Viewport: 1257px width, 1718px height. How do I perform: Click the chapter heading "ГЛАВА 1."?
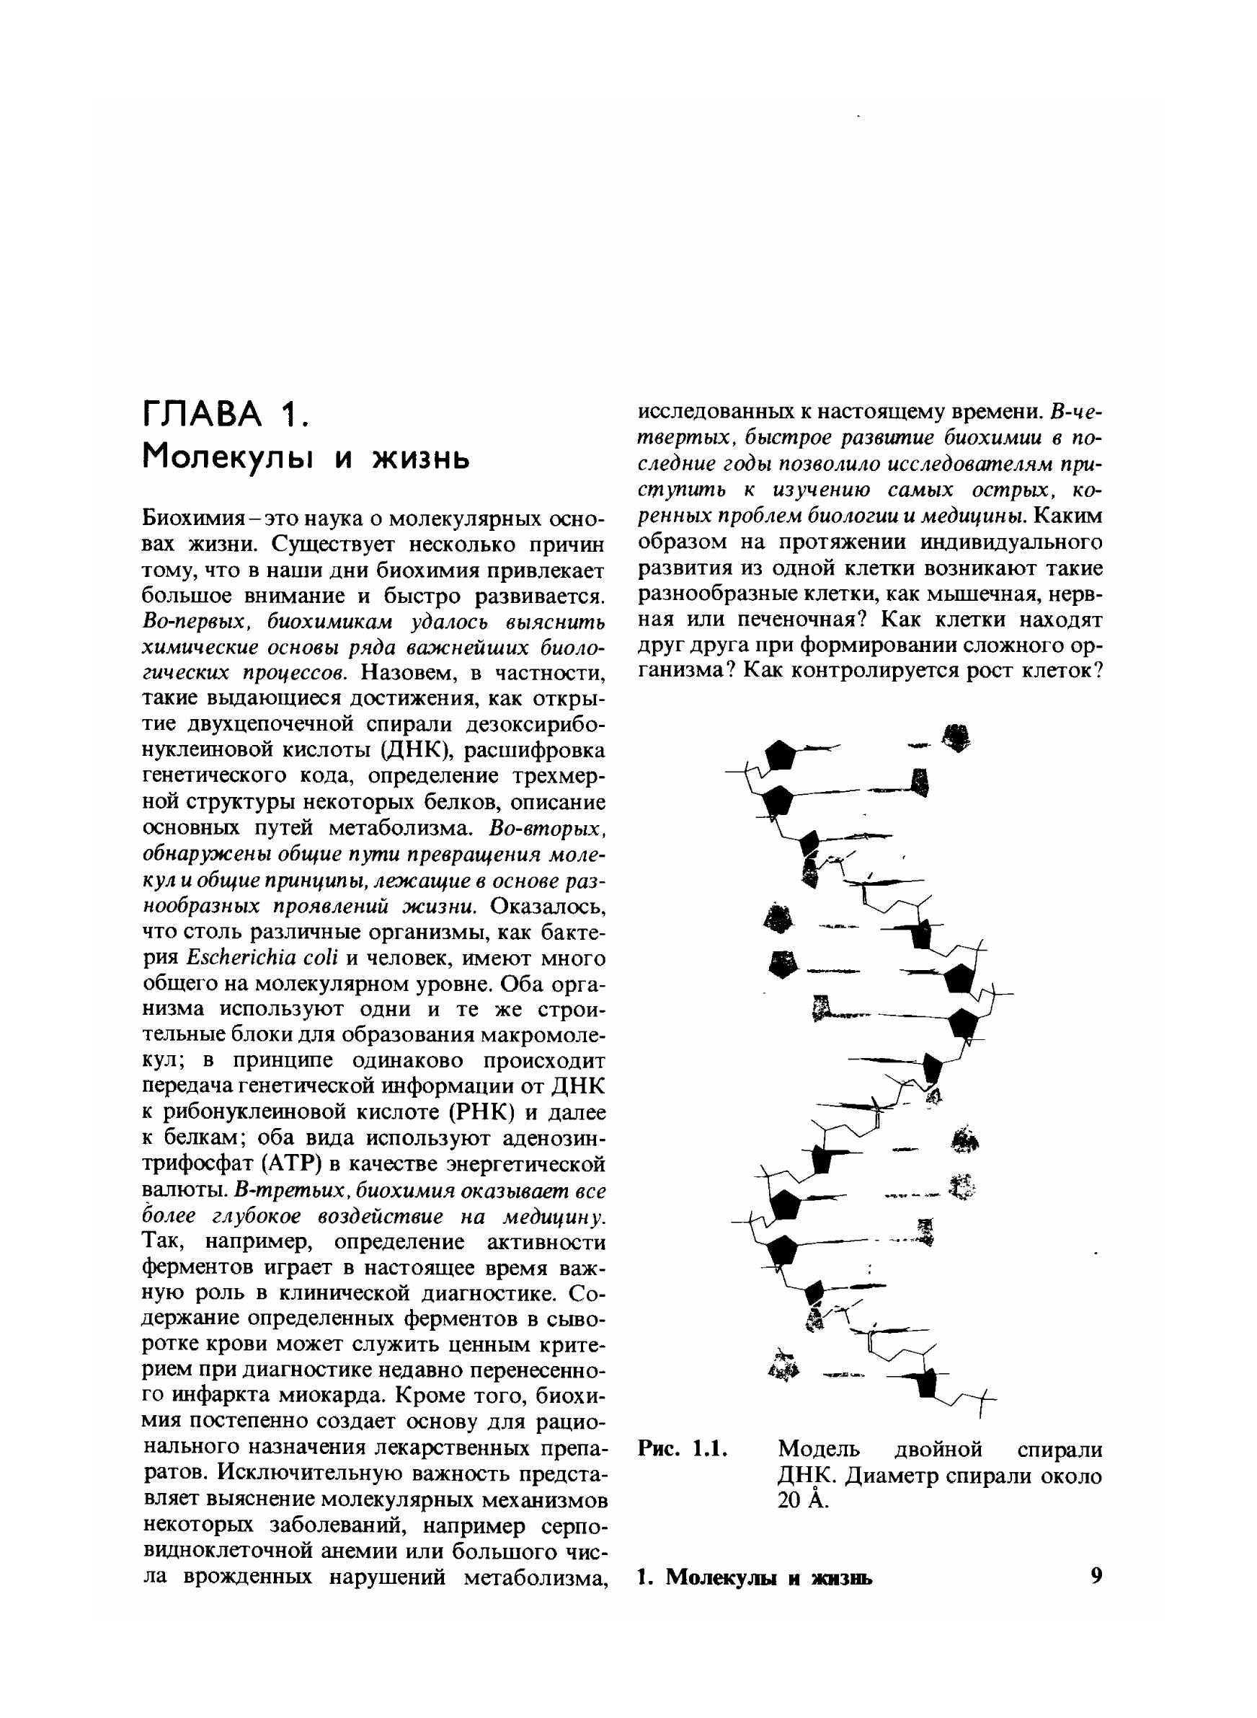(x=225, y=415)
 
